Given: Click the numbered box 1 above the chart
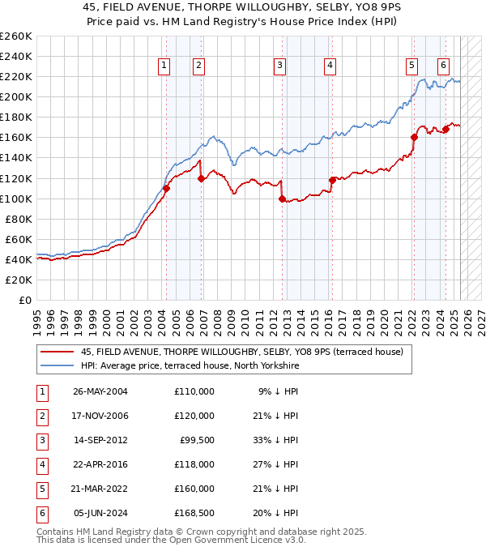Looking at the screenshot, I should [164, 66].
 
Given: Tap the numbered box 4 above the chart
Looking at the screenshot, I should [330, 66].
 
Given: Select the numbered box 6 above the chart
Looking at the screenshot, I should [444, 66].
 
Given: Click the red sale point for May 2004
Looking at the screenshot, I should [166, 188].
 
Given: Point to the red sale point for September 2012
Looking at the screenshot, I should [282, 199].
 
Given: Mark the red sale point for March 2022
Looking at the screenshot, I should [414, 137].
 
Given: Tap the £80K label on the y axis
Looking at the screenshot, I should [19, 219].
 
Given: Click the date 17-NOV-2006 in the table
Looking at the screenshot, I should [100, 416].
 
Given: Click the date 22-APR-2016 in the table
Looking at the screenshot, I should [100, 464].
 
